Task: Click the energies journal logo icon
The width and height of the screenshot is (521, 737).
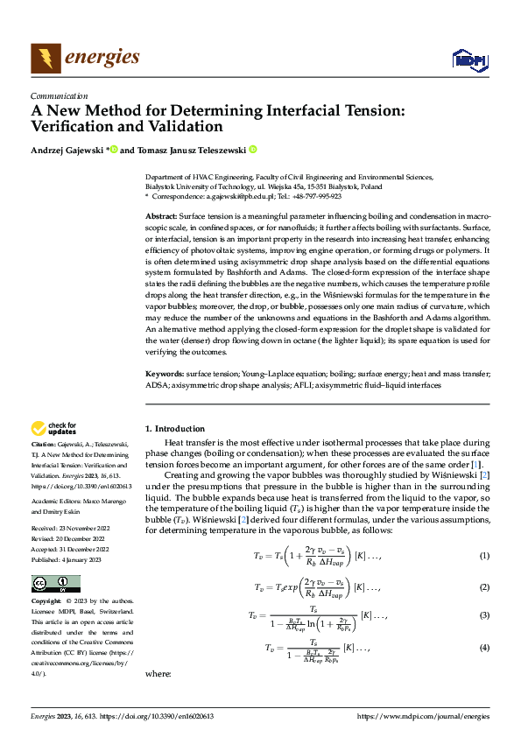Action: click(x=46, y=59)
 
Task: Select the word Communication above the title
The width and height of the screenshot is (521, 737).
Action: click(x=59, y=96)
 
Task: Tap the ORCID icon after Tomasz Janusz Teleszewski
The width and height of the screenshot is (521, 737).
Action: click(x=253, y=150)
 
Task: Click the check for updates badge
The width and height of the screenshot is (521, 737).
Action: click(x=53, y=428)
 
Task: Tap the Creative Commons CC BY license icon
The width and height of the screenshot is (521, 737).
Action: click(x=55, y=584)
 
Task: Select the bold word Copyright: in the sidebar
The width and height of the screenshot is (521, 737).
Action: click(x=48, y=602)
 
